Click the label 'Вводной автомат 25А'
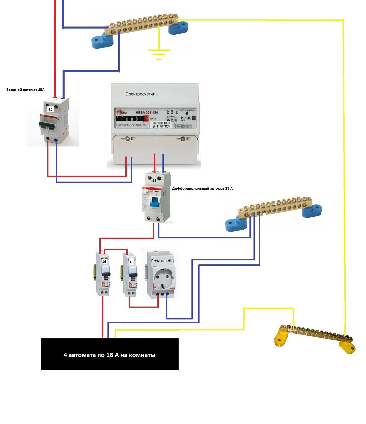tap(25, 90)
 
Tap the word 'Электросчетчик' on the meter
tap(142, 94)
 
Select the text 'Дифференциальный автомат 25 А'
tap(202, 188)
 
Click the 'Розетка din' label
tap(162, 261)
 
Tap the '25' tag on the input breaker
tap(50, 109)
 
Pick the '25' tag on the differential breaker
tap(154, 181)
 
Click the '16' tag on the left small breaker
tap(104, 262)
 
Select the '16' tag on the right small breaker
tap(131, 262)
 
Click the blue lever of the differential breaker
tap(154, 202)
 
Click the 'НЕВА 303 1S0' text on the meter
tap(147, 112)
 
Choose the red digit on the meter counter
tap(146, 118)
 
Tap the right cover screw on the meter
tap(183, 139)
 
